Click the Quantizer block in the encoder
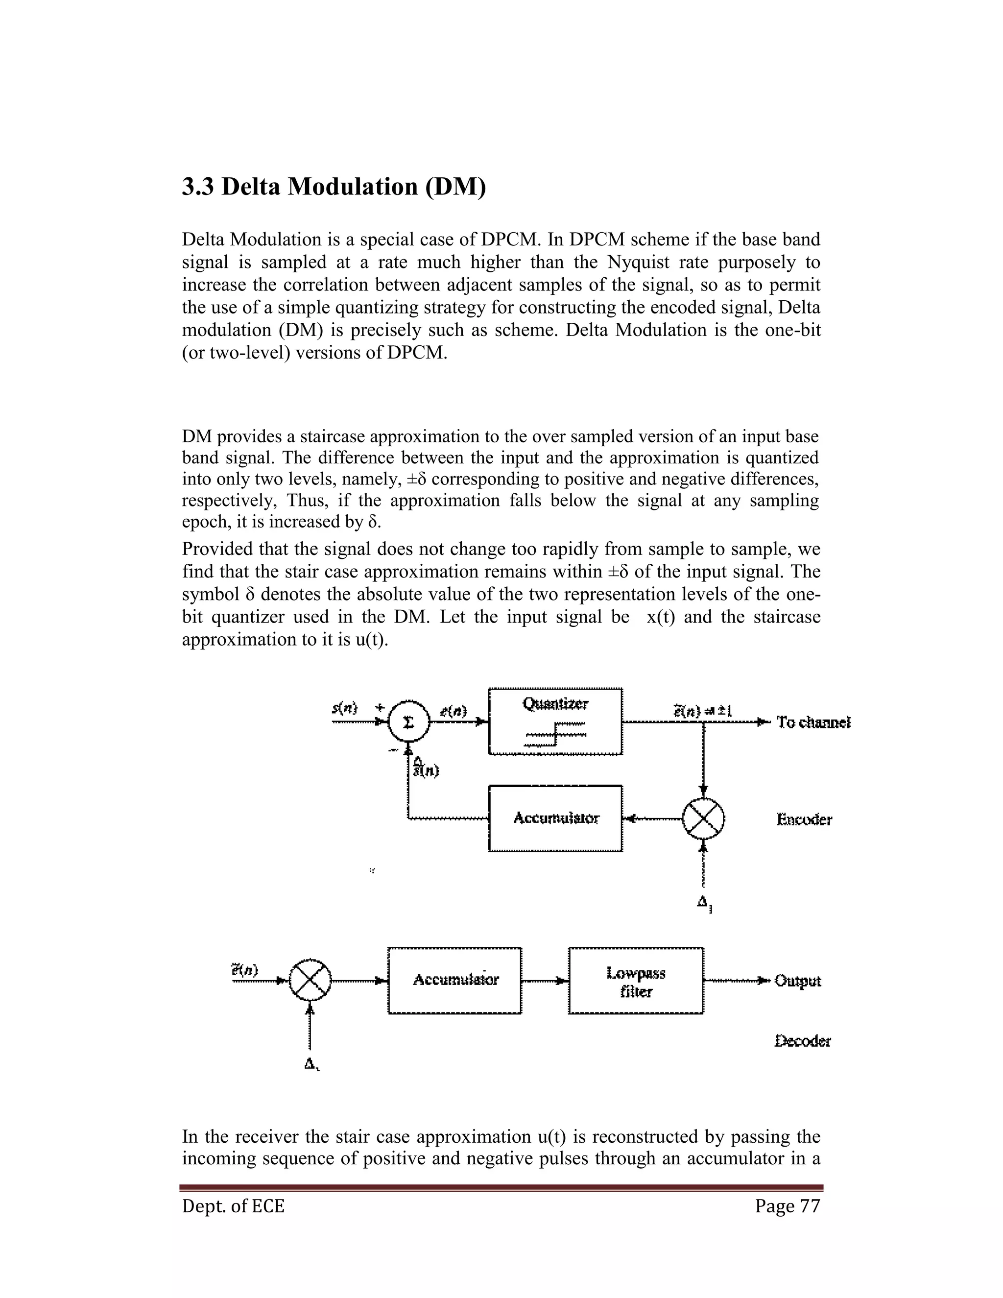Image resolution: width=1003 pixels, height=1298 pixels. [x=555, y=721]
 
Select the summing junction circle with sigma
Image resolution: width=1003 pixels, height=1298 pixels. [x=408, y=722]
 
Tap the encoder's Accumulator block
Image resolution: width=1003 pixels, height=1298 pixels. [x=555, y=818]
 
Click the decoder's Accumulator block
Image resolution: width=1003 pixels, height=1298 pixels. [x=454, y=980]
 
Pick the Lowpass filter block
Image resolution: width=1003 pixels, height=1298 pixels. [x=636, y=980]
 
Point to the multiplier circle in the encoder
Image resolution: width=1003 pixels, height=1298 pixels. [x=703, y=818]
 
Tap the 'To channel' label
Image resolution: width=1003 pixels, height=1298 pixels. [x=813, y=722]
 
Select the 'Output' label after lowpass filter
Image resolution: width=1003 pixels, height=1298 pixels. [x=797, y=981]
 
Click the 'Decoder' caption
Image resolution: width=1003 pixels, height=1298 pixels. [x=802, y=1041]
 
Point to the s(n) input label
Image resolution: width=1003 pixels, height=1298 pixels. [x=345, y=708]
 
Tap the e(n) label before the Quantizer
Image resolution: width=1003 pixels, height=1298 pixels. [x=454, y=711]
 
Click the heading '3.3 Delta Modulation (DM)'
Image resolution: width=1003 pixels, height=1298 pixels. [x=334, y=187]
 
